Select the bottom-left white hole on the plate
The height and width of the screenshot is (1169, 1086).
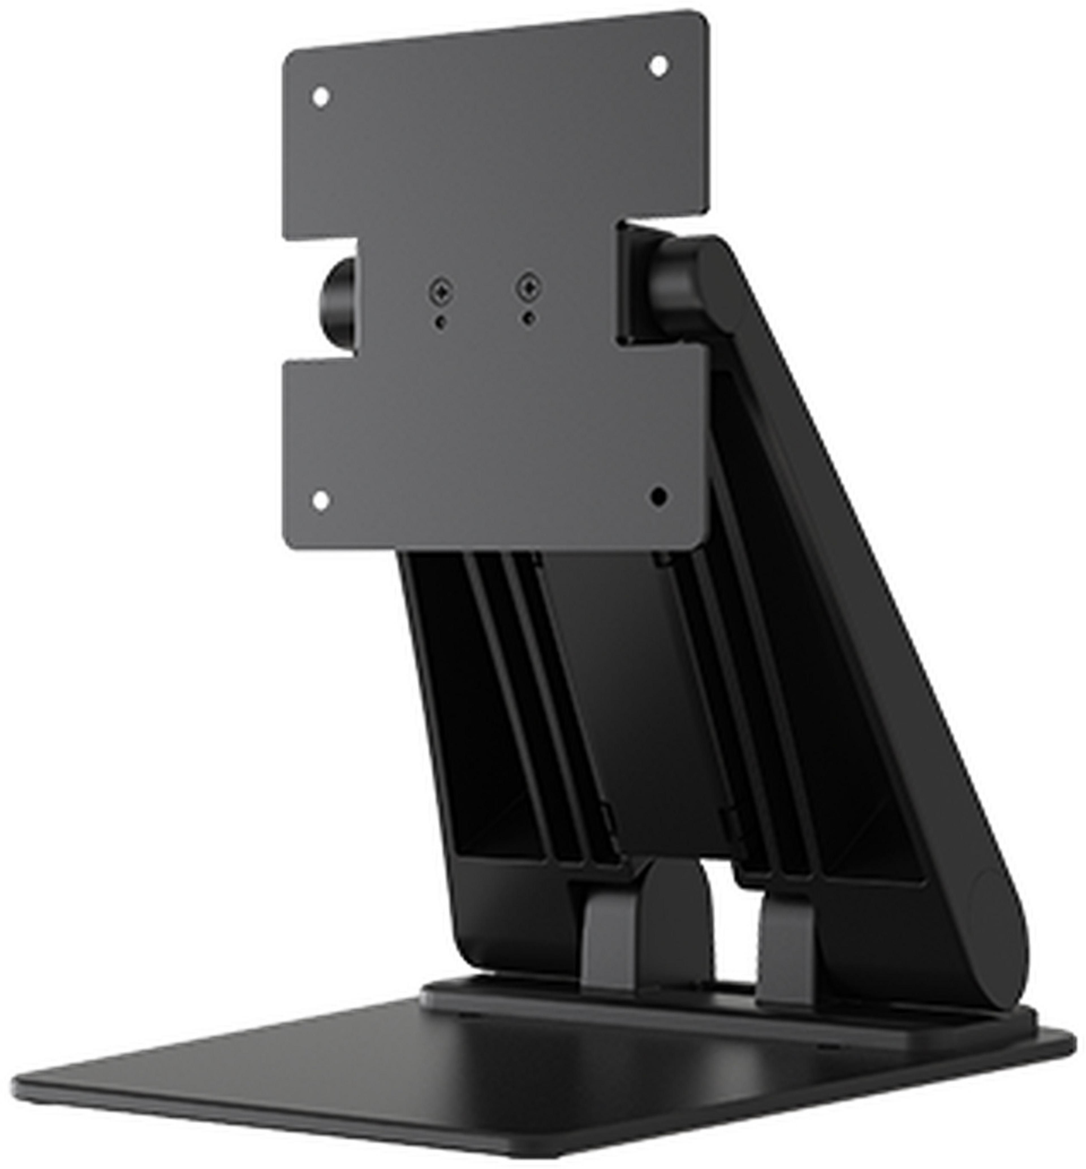[320, 500]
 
